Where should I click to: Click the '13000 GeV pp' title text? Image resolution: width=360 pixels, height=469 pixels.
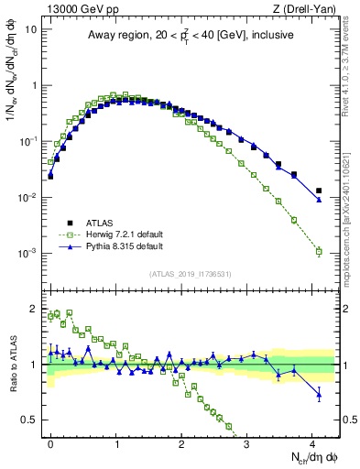[x=70, y=9]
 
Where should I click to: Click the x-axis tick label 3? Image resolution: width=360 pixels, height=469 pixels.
[x=247, y=442]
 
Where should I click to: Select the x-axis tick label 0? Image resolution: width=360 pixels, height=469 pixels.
[x=50, y=442]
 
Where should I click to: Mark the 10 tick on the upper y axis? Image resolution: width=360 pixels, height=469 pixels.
[x=30, y=28]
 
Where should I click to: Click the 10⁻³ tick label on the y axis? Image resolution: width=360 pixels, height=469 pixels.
[x=27, y=253]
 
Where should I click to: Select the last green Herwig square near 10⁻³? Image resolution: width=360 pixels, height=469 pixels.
[x=319, y=251]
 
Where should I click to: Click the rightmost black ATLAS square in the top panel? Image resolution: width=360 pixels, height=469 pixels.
[x=319, y=191]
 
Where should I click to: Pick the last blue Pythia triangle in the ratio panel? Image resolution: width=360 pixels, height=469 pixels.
[x=319, y=396]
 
